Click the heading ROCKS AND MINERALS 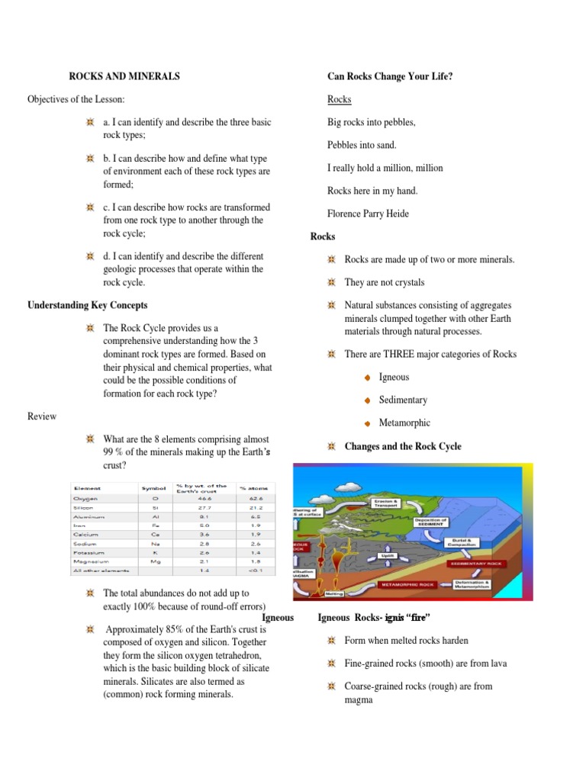(124, 76)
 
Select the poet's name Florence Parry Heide (368, 214)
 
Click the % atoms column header (251, 487)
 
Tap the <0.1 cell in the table (251, 570)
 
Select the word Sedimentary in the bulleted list (403, 400)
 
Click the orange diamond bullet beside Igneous (368, 378)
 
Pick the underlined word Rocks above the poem (339, 99)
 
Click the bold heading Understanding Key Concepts (88, 305)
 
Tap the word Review (42, 416)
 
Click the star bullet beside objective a (90, 123)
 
